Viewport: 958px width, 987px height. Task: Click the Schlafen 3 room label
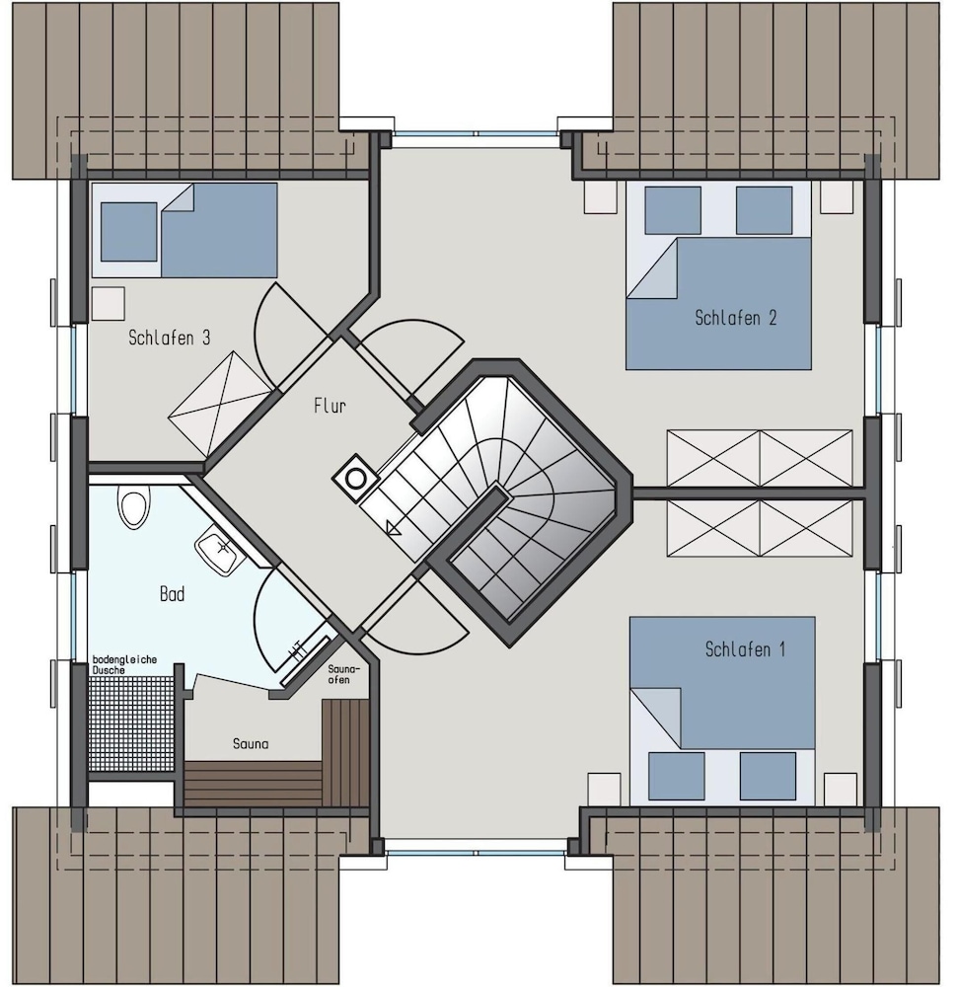170,338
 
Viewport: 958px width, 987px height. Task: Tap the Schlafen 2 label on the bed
735,318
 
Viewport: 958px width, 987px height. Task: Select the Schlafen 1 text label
745,649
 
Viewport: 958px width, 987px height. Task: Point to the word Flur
330,406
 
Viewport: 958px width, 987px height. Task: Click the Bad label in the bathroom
172,593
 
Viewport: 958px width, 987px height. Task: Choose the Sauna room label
251,744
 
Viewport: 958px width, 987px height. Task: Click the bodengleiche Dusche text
124,664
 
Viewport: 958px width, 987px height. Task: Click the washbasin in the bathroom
220,553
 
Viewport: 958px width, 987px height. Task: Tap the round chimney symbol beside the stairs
355,479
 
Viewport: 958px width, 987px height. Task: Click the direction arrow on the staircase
394,527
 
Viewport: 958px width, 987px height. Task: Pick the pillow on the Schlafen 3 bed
129,232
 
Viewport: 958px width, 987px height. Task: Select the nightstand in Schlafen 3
109,304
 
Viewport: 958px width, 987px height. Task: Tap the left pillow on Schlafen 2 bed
673,211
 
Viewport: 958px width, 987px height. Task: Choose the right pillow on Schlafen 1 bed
768,776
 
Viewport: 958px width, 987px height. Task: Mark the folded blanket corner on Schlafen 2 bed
652,268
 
